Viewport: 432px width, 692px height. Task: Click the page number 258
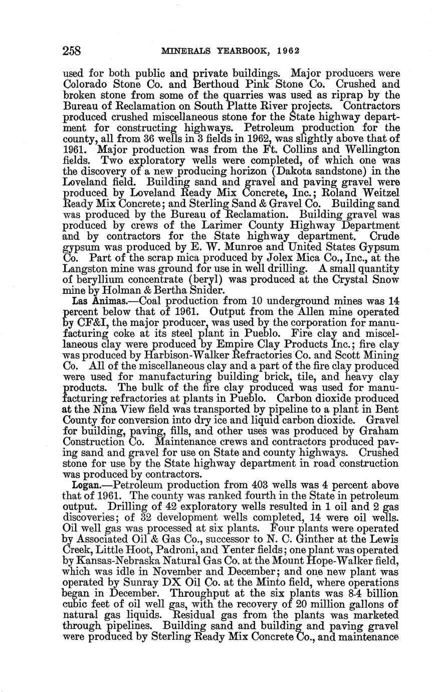72,51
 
